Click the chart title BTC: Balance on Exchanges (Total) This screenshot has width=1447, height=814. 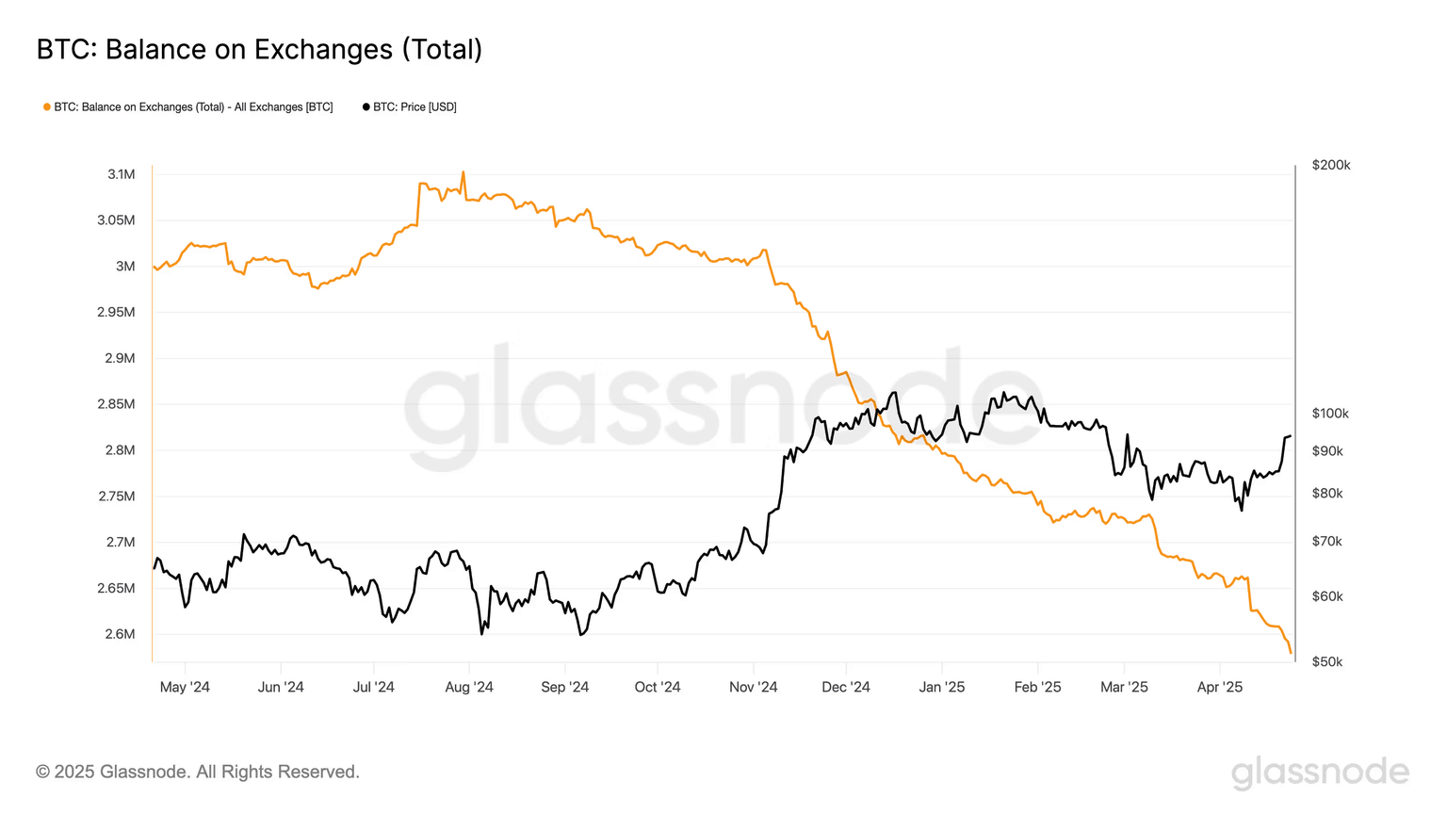(x=259, y=49)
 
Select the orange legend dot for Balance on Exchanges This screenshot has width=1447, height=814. (x=47, y=107)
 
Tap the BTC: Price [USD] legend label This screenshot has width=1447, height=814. (x=415, y=107)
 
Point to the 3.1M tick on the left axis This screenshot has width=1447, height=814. (x=122, y=174)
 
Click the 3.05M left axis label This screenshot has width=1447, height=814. (x=116, y=220)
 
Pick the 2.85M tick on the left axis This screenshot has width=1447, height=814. (x=116, y=404)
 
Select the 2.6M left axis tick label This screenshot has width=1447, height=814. (x=120, y=634)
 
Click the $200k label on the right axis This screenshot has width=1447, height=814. (x=1330, y=165)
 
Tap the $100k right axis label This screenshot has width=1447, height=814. (x=1330, y=414)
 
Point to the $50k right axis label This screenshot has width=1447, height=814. (x=1327, y=661)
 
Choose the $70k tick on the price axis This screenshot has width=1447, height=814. (x=1327, y=542)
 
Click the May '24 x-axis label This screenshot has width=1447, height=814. (x=185, y=687)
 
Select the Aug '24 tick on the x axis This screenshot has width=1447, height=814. (x=469, y=687)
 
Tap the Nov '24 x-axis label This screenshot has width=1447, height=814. (x=754, y=687)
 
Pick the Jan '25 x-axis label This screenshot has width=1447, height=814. (x=942, y=687)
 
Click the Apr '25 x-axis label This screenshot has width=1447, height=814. (x=1220, y=687)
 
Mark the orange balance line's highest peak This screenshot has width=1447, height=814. (x=463, y=172)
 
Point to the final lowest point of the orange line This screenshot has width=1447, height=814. (x=1290, y=652)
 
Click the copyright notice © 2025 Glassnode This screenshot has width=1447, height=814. (x=198, y=772)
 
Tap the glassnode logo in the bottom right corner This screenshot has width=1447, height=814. (x=1320, y=772)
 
